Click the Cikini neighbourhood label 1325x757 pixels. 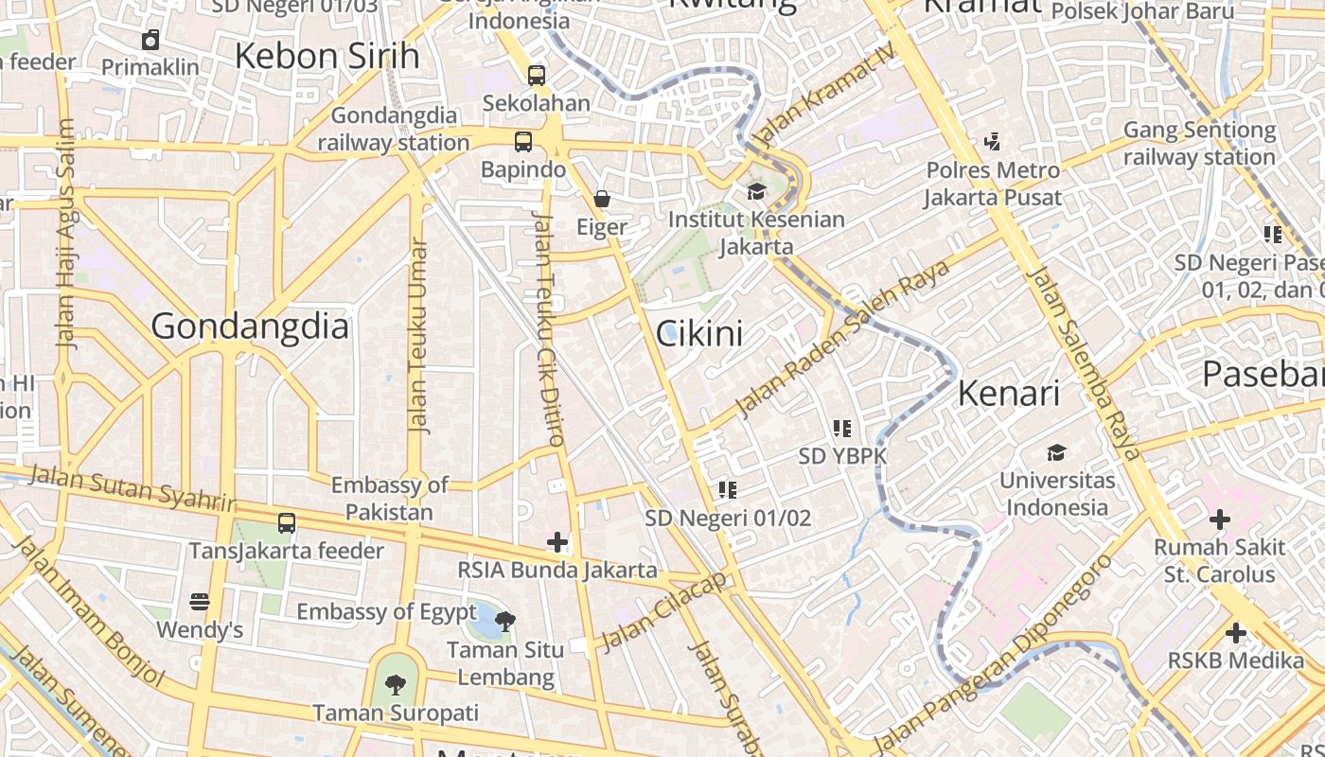click(699, 333)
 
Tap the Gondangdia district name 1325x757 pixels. click(250, 326)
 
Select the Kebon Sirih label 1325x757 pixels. click(327, 56)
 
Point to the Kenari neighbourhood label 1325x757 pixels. click(1009, 393)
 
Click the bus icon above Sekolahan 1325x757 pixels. click(537, 75)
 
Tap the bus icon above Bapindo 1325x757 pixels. click(522, 142)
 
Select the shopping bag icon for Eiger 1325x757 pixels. click(601, 199)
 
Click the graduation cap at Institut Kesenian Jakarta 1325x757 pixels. click(755, 192)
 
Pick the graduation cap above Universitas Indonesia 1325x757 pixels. click(1056, 452)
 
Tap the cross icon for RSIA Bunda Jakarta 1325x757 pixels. click(557, 542)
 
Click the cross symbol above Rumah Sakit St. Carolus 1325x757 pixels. click(1219, 519)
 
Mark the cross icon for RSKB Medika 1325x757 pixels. click(1235, 632)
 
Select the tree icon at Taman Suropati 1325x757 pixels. click(396, 684)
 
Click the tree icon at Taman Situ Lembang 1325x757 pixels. click(505, 622)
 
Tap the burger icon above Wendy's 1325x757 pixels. click(199, 602)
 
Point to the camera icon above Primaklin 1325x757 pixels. click(150, 40)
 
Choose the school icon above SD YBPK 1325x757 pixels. click(842, 429)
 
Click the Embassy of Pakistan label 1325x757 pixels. click(389, 499)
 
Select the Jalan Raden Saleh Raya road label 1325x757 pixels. click(842, 338)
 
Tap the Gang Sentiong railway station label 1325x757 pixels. click(1199, 143)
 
